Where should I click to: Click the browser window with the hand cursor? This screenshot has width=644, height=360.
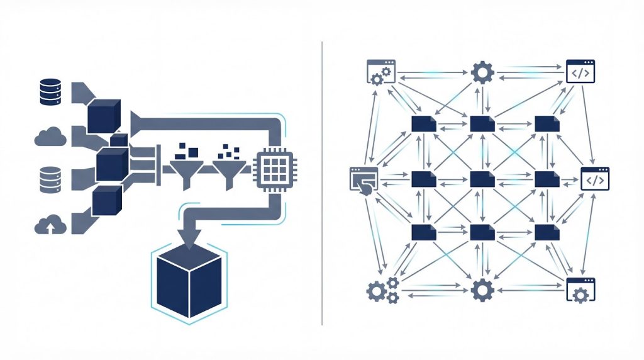[363, 181]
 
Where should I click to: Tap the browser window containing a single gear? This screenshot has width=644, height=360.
[580, 290]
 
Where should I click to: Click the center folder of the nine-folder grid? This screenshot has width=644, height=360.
[482, 179]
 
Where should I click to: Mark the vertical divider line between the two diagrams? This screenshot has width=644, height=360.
[322, 183]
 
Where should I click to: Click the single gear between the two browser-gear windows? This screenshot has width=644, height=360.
[482, 290]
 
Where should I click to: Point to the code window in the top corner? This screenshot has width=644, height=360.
[580, 72]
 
